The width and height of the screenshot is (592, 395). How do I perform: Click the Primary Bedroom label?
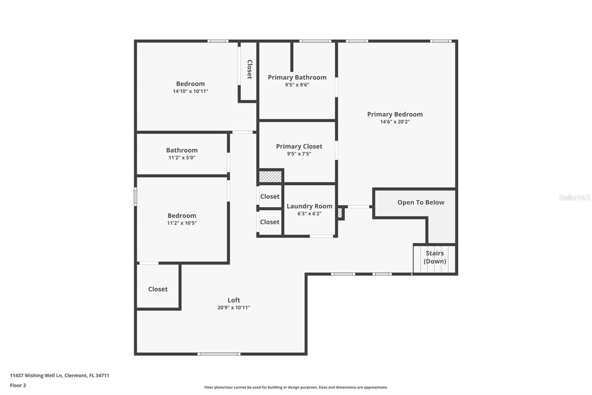tap(395, 114)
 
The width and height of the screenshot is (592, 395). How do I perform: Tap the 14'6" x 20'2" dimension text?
tap(395, 122)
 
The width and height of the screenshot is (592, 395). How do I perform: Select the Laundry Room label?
tap(309, 206)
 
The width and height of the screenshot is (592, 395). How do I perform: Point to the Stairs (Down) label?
tap(435, 257)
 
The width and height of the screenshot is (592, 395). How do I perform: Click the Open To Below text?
tap(421, 202)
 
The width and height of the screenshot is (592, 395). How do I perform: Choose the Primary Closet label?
tap(299, 146)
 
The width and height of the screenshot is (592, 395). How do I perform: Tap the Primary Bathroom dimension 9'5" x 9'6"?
tap(297, 85)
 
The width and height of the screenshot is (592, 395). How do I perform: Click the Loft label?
tap(233, 300)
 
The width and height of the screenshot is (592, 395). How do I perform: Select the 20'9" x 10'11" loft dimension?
tap(233, 308)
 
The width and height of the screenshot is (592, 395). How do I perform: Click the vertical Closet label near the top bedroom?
tap(249, 69)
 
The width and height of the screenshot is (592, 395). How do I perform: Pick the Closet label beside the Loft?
tap(158, 289)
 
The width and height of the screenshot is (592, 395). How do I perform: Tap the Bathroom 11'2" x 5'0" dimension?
tap(182, 158)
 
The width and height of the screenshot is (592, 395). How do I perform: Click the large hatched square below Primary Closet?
tap(270, 176)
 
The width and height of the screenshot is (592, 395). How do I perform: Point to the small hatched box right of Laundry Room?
tap(340, 213)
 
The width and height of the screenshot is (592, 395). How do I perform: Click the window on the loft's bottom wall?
tap(219, 354)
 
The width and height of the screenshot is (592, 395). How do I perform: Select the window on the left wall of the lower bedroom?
tap(135, 196)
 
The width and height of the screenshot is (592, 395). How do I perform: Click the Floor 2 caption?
tap(18, 385)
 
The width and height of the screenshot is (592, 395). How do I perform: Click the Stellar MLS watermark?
tap(574, 197)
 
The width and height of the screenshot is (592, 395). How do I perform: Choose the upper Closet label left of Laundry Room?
tap(270, 196)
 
